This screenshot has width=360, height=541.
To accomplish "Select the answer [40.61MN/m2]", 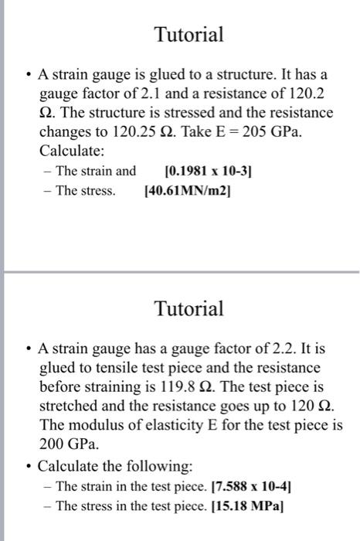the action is click(188, 191).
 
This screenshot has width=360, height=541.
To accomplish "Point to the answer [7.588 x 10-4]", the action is click(267, 486).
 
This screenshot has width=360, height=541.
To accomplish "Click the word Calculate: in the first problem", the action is click(71, 151).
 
